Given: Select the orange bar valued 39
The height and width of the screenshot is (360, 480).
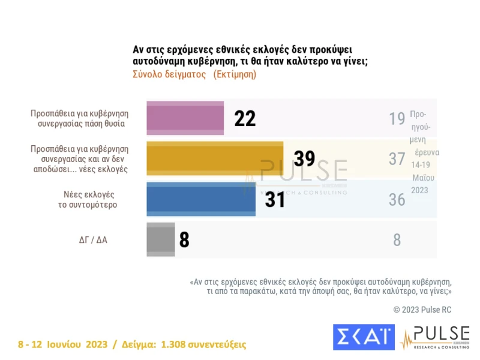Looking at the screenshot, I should tap(215, 158).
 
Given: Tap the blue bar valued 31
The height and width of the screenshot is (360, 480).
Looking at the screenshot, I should tap(201, 199).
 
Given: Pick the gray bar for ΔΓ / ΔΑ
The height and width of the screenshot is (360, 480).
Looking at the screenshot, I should tap(161, 239).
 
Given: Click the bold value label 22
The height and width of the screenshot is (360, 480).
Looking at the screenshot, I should tap(245, 119).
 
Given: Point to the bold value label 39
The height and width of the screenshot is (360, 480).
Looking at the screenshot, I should tap(304, 158).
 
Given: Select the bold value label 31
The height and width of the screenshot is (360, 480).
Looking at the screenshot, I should tap(275, 199).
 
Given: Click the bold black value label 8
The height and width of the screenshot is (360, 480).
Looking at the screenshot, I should tap(184, 240).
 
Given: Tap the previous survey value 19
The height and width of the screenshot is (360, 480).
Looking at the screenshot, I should tap(397, 119).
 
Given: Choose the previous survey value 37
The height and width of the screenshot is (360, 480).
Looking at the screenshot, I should tap(397, 159).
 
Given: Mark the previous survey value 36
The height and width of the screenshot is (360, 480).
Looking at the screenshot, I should tap(397, 199).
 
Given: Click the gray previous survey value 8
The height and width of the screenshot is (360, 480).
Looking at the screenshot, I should tap(397, 240).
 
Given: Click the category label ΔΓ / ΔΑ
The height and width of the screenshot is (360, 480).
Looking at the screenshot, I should tap(94, 239).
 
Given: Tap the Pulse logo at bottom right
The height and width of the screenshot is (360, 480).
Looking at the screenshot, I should tap(434, 338).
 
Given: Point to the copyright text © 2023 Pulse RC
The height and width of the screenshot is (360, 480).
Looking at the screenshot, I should tap(422, 310).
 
